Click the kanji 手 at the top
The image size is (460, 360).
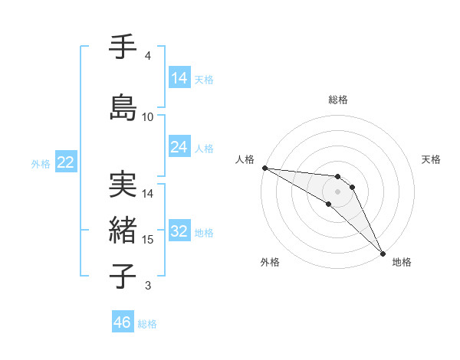click(123, 47)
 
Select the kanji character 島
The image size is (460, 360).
click(123, 107)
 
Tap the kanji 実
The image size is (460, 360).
click(123, 184)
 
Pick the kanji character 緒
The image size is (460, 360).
click(123, 230)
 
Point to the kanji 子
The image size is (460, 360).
click(123, 276)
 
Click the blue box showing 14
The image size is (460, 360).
click(179, 78)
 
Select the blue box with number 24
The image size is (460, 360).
click(179, 147)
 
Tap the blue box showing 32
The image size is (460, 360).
click(179, 232)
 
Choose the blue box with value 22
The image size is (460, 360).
click(65, 162)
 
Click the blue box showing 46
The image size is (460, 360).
click(123, 322)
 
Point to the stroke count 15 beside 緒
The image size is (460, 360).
click(148, 240)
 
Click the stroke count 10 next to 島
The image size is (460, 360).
click(148, 117)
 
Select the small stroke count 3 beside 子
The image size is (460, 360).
click(148, 286)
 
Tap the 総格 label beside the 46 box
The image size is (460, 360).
click(147, 324)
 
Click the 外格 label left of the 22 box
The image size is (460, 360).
click(41, 163)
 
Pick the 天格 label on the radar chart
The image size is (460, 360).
click(431, 159)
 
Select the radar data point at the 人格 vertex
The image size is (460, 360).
click(264, 168)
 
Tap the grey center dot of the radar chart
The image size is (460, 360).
click(337, 191)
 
